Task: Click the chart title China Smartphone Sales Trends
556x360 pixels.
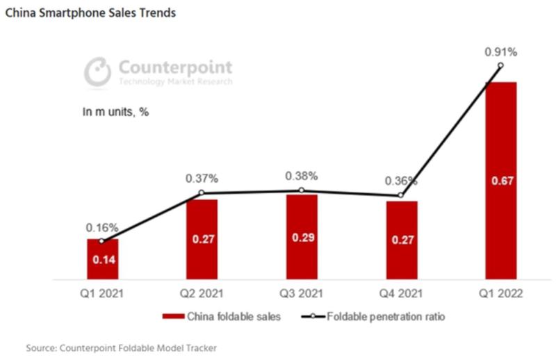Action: click(90, 13)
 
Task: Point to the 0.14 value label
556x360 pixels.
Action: click(102, 261)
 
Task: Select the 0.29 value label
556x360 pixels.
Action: click(302, 238)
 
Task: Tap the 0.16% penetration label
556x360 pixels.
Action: click(102, 227)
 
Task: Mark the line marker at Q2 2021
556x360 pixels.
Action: click(202, 193)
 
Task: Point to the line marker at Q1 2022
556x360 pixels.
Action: click(500, 65)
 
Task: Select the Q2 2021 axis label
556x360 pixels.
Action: click(202, 294)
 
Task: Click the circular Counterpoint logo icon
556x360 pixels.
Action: click(99, 72)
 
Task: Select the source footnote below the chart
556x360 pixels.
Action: click(126, 347)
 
